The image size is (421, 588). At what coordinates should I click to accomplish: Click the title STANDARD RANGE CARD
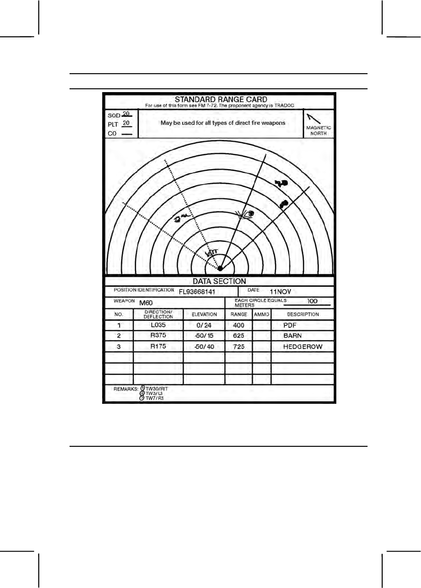[221, 100]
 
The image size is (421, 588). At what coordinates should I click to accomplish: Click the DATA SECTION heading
[219, 281]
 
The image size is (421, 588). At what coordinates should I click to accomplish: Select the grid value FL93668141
[200, 291]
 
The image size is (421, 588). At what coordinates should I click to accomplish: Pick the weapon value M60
[146, 303]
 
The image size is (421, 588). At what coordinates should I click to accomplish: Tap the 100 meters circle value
[312, 301]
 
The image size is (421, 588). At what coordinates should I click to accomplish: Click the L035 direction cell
[158, 325]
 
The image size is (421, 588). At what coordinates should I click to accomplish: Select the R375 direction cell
[158, 336]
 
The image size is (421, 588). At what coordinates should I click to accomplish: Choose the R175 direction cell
[158, 346]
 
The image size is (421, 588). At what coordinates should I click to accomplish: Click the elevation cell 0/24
[203, 325]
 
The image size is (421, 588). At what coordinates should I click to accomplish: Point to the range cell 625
[238, 336]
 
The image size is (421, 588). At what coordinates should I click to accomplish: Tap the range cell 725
[238, 346]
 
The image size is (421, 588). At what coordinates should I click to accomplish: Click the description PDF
[289, 325]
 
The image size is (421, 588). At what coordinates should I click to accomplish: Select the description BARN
[292, 336]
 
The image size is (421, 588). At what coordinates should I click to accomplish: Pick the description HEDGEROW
[303, 346]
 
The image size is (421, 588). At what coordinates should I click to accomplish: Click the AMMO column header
[261, 314]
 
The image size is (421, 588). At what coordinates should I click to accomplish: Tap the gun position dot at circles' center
[219, 268]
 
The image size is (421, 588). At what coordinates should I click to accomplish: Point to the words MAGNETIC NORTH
[318, 131]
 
